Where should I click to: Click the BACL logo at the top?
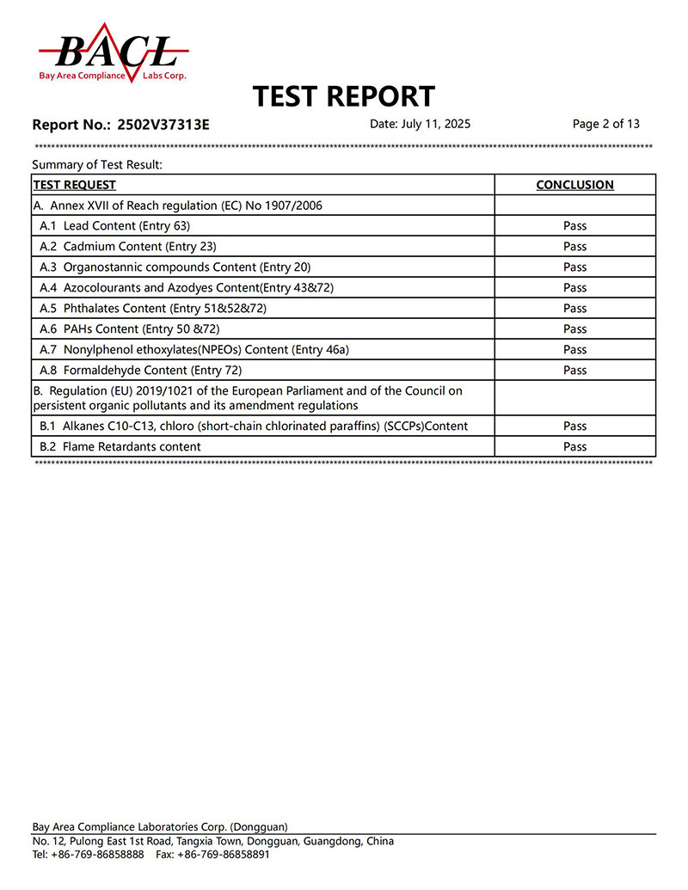112,53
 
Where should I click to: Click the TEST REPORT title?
344,96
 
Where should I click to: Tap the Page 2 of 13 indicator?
606,124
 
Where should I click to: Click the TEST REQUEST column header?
75,185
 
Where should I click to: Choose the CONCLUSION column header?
574,185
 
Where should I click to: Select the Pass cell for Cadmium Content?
574,247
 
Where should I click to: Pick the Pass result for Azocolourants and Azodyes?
574,288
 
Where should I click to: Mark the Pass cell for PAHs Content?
574,329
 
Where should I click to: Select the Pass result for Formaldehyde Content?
574,371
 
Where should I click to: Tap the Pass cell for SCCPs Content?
574,427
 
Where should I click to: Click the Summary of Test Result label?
97,164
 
